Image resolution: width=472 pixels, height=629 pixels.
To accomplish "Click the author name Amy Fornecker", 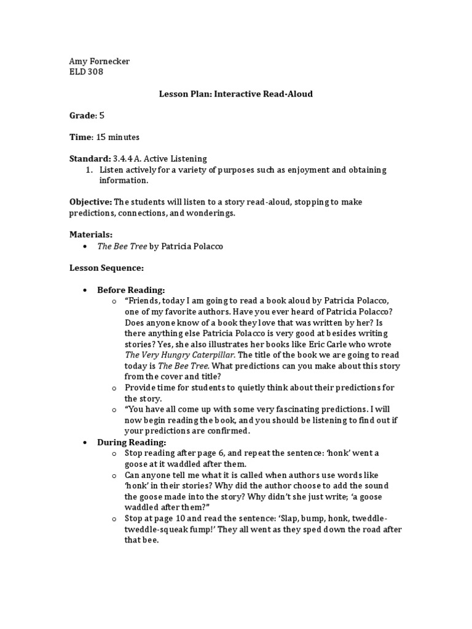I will click(99, 62).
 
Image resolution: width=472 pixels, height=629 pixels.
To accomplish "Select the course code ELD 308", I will click(86, 72).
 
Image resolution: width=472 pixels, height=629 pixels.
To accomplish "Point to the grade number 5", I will click(102, 115).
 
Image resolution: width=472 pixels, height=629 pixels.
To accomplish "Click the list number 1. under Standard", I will click(88, 170).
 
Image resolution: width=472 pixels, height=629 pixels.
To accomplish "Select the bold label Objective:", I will click(90, 202).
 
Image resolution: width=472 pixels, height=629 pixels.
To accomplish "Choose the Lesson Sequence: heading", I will click(106, 268).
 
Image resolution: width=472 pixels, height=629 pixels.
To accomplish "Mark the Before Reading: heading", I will click(131, 290).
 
